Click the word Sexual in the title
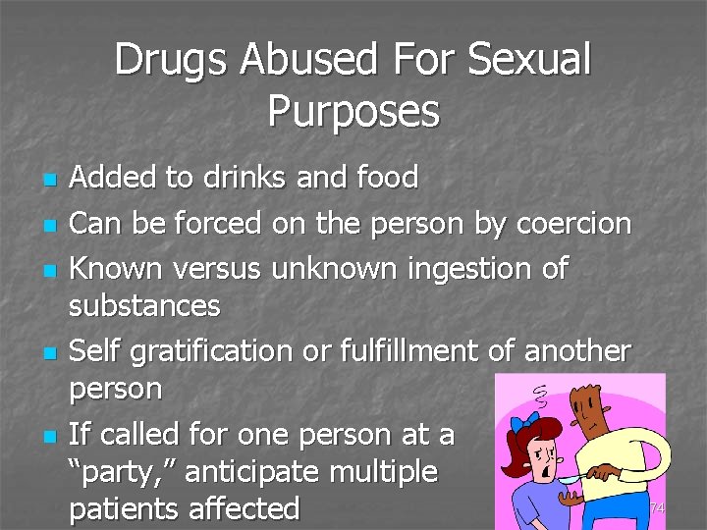[x=530, y=60]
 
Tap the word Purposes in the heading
[x=353, y=111]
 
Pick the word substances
[x=144, y=306]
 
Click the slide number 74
[x=657, y=507]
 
